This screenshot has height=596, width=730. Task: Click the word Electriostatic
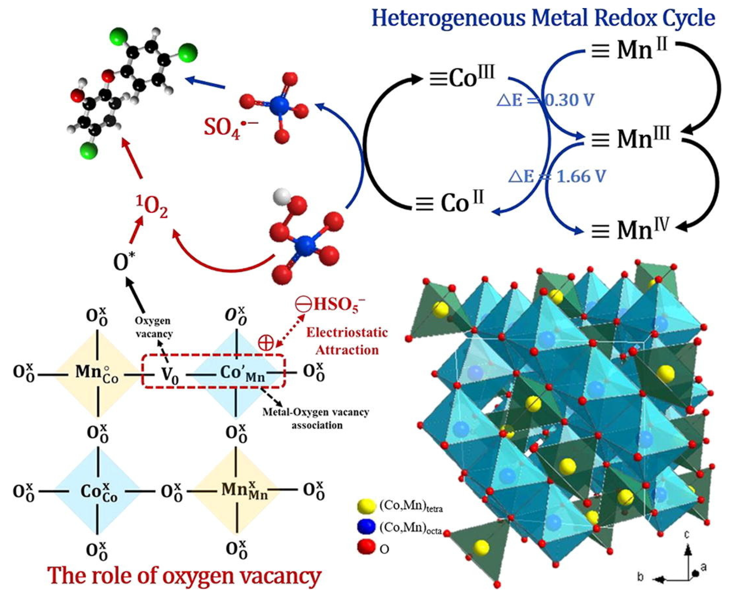(x=347, y=332)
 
